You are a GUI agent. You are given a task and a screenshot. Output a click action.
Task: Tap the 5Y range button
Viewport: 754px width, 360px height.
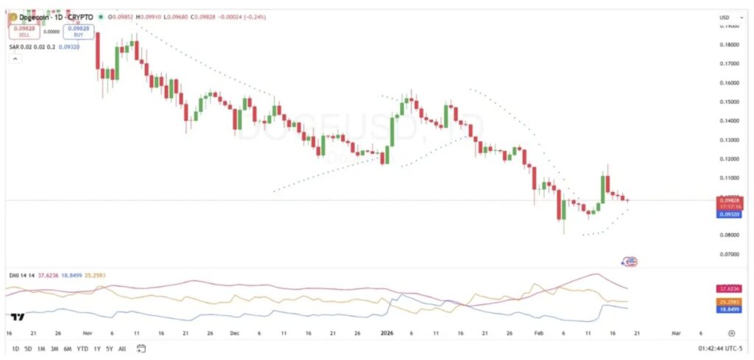coord(109,348)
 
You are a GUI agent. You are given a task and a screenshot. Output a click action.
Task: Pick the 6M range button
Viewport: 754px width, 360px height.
coord(66,348)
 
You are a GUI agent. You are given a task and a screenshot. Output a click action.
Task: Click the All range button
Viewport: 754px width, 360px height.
coord(121,348)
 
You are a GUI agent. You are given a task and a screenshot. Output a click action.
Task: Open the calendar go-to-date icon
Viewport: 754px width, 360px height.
coord(141,348)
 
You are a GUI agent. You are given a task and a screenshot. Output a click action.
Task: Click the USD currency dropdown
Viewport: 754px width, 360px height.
coord(725,17)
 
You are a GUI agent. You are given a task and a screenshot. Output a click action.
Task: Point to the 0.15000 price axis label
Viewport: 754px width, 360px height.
coord(727,102)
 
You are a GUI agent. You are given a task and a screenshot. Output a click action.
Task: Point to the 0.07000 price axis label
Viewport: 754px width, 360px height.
coord(727,254)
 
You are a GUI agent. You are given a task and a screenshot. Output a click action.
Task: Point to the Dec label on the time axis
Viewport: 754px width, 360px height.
coord(235,333)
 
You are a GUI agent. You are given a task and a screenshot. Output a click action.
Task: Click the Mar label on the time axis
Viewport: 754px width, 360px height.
coord(675,333)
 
